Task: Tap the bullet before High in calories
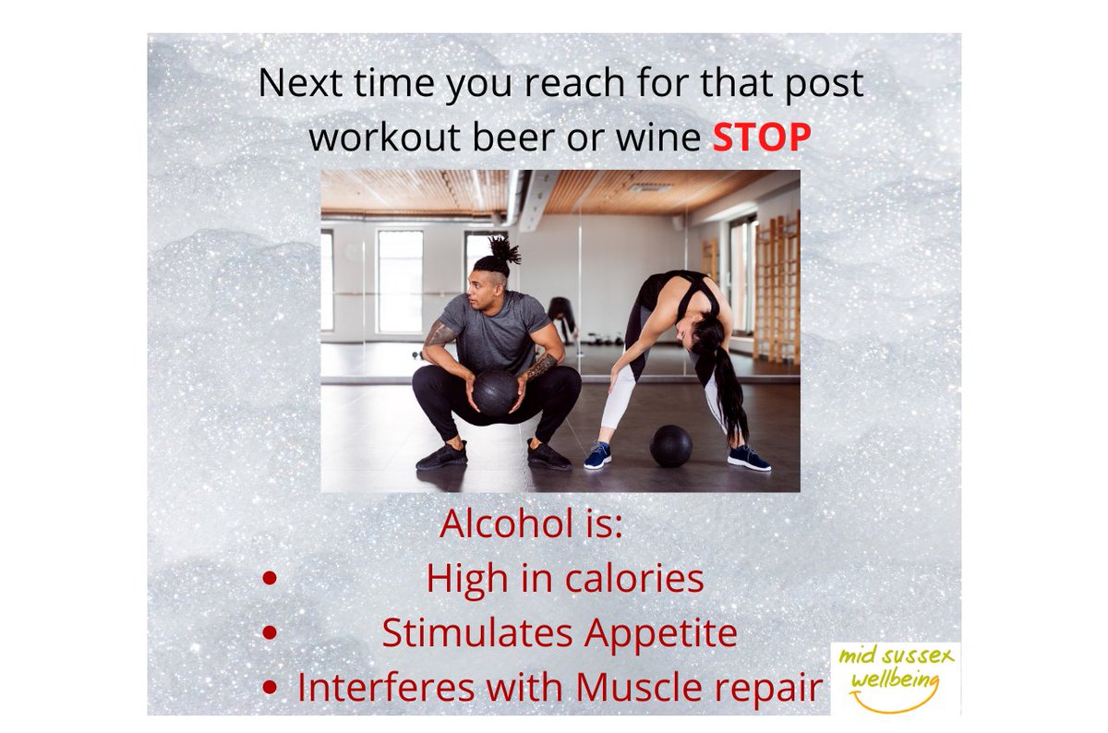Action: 270,579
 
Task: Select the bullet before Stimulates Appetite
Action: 270,633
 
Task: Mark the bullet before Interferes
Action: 270,688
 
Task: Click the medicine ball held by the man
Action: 495,391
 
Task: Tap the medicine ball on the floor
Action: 670,446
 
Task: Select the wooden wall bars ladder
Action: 774,286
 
